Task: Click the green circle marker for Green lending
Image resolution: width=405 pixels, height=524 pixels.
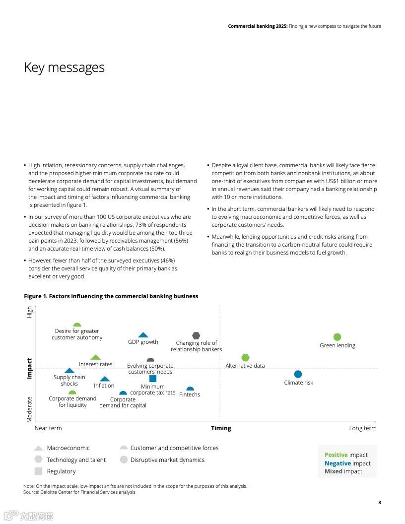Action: tap(337, 337)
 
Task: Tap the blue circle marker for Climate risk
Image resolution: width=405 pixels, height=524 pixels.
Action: tap(298, 374)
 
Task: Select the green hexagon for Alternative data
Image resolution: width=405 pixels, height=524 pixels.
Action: tap(245, 358)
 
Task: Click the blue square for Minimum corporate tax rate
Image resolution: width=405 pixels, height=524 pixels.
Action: tap(153, 379)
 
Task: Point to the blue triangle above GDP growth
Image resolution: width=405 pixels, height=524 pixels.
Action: tap(143, 335)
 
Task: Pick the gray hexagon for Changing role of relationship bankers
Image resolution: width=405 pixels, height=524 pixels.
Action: tap(196, 335)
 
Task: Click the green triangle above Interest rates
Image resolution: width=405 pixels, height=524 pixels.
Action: tap(96, 357)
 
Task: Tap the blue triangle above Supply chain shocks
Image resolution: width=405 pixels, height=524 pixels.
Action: tap(69, 371)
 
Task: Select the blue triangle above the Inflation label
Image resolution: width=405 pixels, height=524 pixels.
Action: tap(104, 379)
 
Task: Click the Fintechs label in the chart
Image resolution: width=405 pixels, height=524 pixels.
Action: tap(190, 394)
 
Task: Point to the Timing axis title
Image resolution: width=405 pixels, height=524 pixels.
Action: tap(221, 428)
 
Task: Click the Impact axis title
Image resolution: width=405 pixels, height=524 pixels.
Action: tap(29, 369)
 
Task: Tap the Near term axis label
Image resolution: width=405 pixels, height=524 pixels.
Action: tap(48, 428)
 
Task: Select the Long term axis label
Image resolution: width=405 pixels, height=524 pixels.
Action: tap(362, 428)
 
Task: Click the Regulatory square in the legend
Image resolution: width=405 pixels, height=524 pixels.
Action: tap(38, 471)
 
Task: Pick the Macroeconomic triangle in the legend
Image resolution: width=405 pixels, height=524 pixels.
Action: tap(38, 448)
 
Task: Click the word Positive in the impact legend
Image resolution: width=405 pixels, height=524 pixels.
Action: tap(336, 455)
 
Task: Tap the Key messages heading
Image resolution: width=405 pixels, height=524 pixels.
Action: tap(65, 67)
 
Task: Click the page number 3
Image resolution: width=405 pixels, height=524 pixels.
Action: tap(380, 503)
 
